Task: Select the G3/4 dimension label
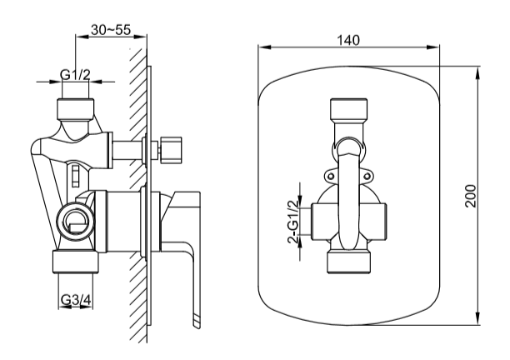(75, 301)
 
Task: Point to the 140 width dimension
(349, 40)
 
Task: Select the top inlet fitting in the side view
(76, 108)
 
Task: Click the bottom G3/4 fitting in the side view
(76, 262)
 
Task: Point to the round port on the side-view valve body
(75, 220)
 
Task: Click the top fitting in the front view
(349, 112)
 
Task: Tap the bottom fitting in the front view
(349, 260)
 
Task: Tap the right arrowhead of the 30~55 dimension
(142, 37)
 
